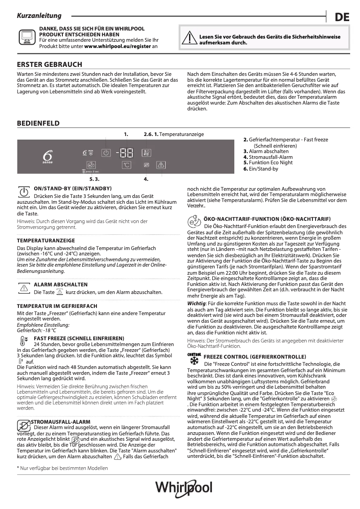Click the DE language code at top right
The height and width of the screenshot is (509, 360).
342,18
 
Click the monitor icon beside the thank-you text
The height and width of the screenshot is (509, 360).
26,37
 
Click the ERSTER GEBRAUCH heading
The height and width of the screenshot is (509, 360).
49,65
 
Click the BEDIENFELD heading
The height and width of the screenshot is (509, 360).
38,123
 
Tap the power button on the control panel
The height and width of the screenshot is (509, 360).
105,153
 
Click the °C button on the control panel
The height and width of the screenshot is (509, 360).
127,165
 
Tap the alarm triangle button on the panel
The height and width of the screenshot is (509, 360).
161,165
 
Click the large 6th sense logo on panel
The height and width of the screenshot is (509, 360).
48,156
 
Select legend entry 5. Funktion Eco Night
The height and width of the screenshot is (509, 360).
268,163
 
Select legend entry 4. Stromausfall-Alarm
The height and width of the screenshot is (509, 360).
268,157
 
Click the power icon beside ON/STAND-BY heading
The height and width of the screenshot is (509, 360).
23,192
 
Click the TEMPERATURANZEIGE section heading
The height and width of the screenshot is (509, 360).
46,241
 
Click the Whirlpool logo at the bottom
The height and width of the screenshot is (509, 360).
184,488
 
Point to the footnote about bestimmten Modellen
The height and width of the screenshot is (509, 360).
62,468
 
